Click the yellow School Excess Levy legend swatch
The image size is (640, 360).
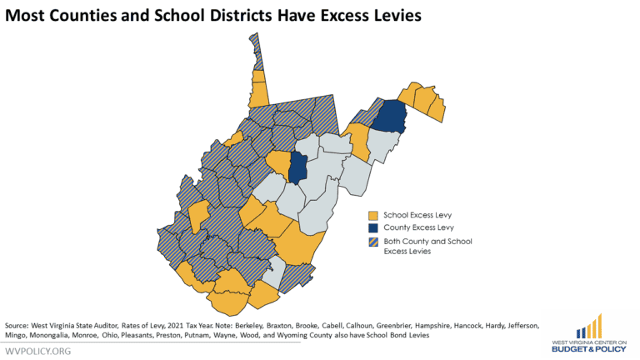pos(372,215)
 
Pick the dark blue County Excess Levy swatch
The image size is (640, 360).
pos(372,227)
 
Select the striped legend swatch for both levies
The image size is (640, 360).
pos(372,242)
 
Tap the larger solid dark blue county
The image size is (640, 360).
pos(387,117)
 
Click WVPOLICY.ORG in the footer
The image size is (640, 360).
pos(37,351)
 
